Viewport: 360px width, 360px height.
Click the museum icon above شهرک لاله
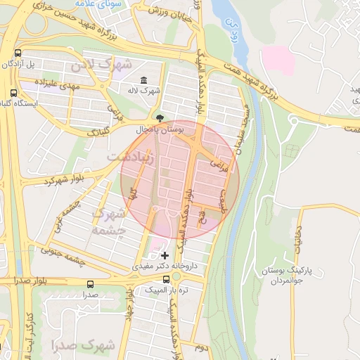point(143,79)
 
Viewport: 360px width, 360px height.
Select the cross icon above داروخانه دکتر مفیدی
point(165,255)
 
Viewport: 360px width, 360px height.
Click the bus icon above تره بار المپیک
point(166,278)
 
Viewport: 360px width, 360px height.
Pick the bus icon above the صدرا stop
point(90,285)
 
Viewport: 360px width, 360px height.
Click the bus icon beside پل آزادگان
point(18,53)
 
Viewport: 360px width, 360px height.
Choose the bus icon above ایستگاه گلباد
point(13,91)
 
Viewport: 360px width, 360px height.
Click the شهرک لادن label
point(101,65)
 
